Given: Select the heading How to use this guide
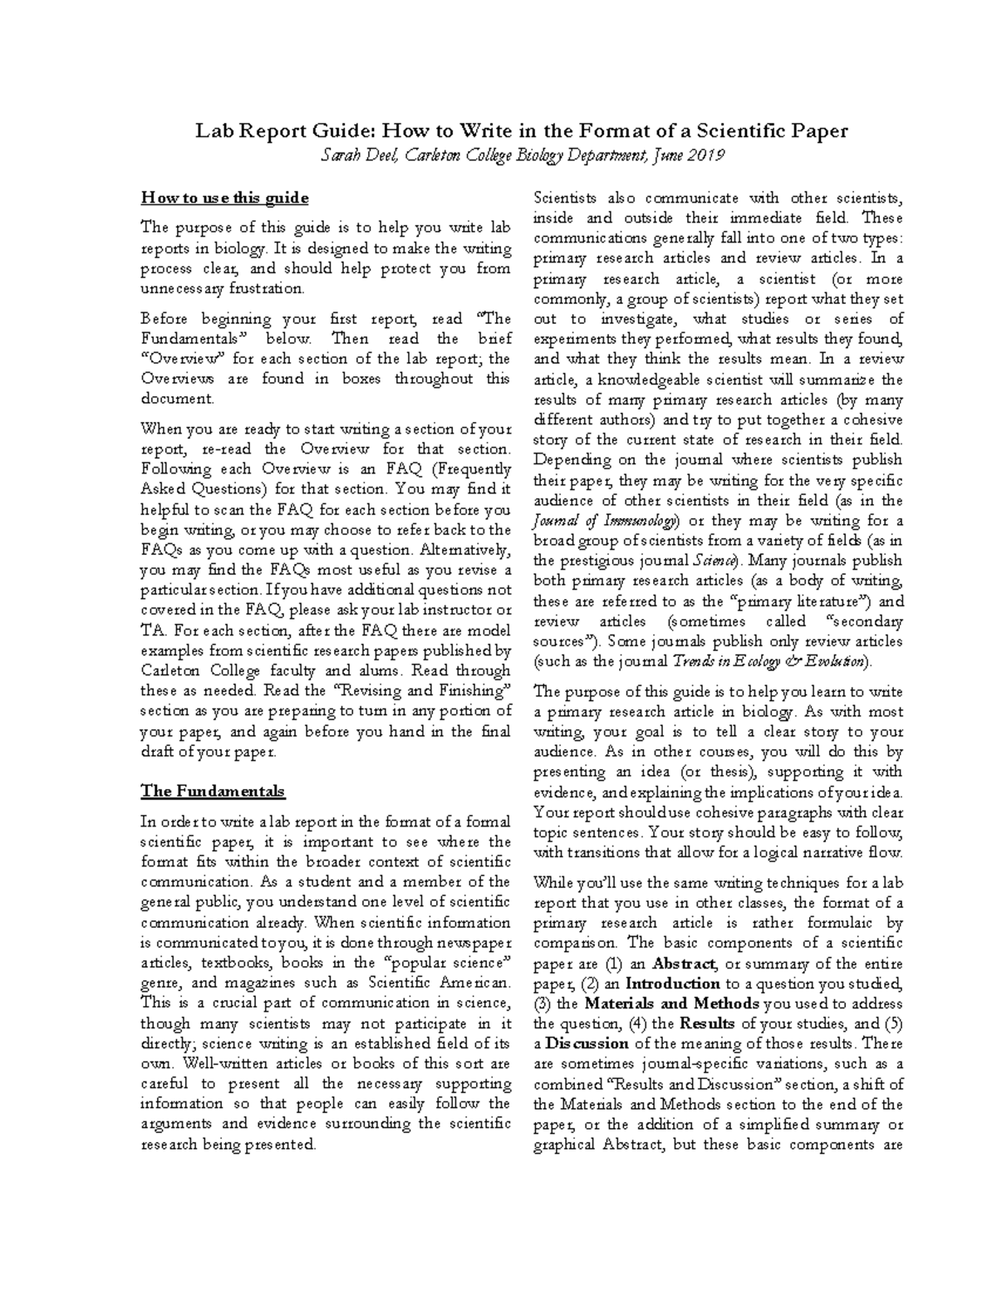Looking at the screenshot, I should pos(224,198).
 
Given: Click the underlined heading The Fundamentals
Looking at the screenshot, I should pos(213,791).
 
